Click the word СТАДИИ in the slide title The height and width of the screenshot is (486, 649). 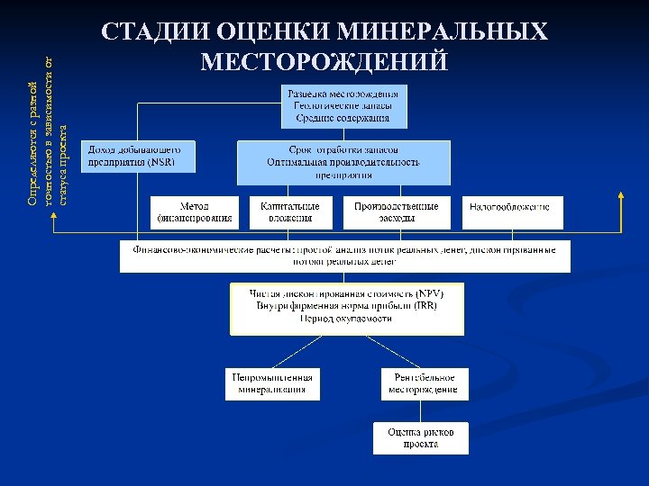tap(155, 32)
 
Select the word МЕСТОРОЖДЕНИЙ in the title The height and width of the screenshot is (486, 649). tap(324, 61)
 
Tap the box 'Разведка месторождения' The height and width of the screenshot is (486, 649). tap(342, 105)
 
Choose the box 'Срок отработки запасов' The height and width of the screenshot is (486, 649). tap(343, 162)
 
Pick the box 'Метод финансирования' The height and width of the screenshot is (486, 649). tap(195, 211)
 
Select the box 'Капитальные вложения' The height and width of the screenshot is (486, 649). tap(290, 211)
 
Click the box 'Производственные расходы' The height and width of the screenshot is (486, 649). tap(397, 211)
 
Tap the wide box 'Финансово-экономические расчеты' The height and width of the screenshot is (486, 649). tap(344, 255)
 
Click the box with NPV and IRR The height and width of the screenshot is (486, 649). tap(347, 307)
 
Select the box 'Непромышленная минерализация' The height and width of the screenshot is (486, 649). tap(272, 383)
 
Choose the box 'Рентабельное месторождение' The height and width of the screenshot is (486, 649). tap(423, 383)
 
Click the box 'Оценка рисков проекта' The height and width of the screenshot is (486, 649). tap(421, 438)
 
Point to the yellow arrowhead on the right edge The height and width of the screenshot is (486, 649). tap(621, 195)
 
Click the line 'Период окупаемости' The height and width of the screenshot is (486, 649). tap(346, 319)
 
